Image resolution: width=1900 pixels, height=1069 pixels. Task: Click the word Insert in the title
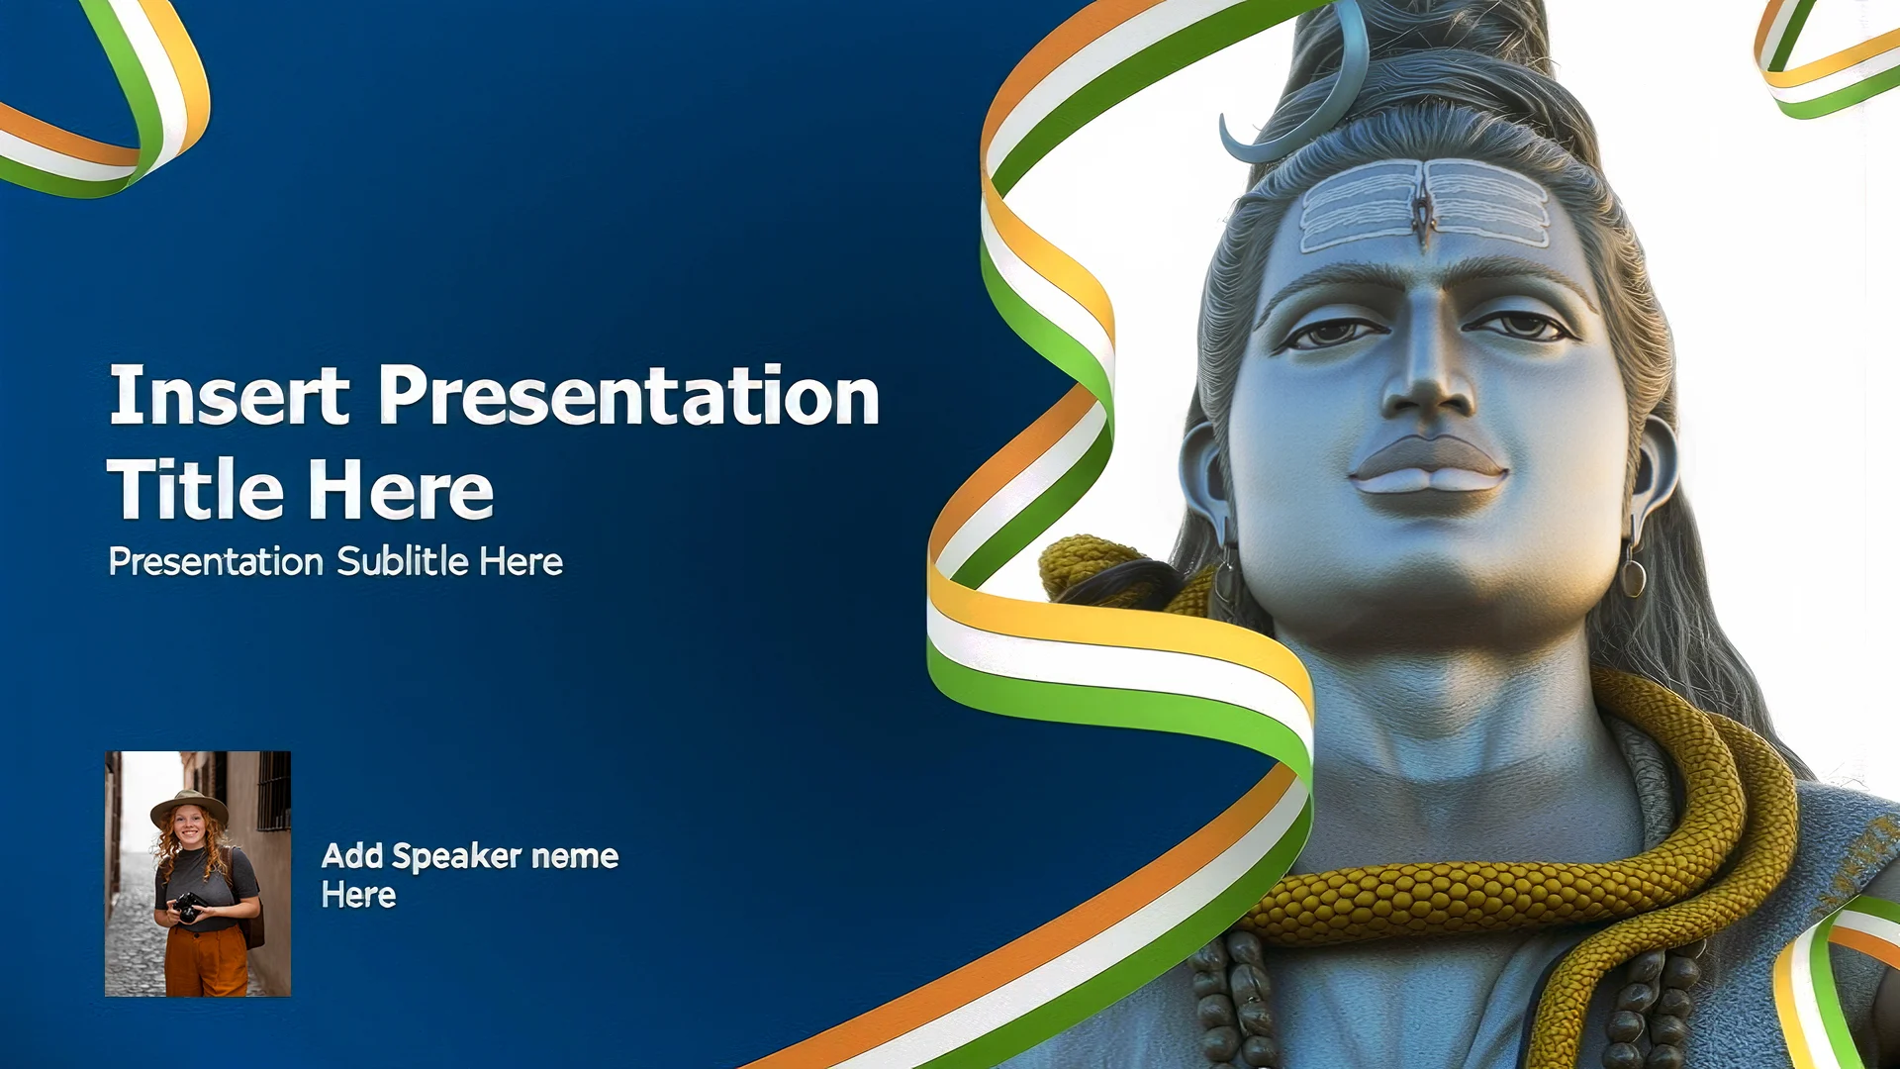[229, 395]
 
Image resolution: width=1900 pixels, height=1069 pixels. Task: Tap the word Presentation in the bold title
[629, 395]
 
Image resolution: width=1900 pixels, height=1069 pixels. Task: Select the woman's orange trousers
[206, 959]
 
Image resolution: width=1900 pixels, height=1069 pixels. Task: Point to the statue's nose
[1428, 371]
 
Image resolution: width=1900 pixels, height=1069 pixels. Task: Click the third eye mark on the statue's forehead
[1424, 211]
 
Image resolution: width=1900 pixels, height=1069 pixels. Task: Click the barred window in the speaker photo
[273, 791]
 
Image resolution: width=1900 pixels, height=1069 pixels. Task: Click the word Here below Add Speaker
[358, 896]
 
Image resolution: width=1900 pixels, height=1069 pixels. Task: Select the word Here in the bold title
[400, 490]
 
